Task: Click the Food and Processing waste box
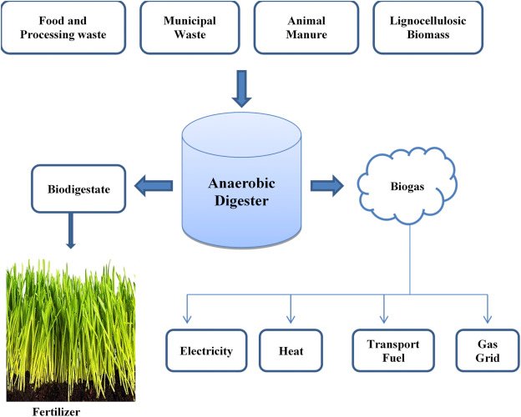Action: tap(65, 27)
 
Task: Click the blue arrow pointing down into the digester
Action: tap(241, 89)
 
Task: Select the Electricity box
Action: tap(206, 351)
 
